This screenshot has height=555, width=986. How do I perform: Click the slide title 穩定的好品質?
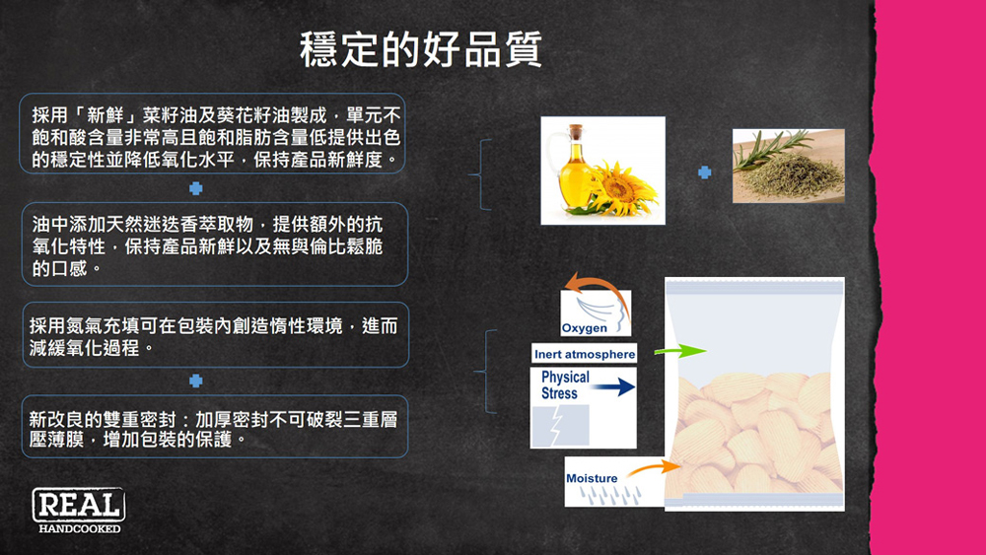point(421,49)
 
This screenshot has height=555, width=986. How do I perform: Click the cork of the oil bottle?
point(576,132)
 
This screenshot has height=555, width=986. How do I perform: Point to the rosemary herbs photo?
point(789,166)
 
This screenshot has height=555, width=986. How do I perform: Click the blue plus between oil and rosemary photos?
point(705,173)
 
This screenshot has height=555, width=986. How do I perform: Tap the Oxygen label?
point(584,328)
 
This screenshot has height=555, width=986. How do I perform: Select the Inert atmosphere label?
point(584,354)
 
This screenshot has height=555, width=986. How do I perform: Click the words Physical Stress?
point(565,384)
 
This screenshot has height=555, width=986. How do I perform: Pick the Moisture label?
point(592,478)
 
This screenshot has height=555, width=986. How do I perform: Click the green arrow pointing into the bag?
point(680,351)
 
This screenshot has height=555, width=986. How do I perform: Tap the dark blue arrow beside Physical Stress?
point(613,387)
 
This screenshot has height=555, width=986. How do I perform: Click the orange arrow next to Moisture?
point(654,467)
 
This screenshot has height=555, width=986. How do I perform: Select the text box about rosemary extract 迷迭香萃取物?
point(215,244)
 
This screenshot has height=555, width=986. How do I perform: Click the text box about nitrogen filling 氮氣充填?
point(216,335)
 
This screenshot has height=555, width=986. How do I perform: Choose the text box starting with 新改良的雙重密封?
point(215,427)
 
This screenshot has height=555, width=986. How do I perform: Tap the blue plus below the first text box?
point(196,188)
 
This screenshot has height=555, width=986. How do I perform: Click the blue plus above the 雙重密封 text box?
point(196,381)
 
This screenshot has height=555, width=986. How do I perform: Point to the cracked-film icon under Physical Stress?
point(560,426)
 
